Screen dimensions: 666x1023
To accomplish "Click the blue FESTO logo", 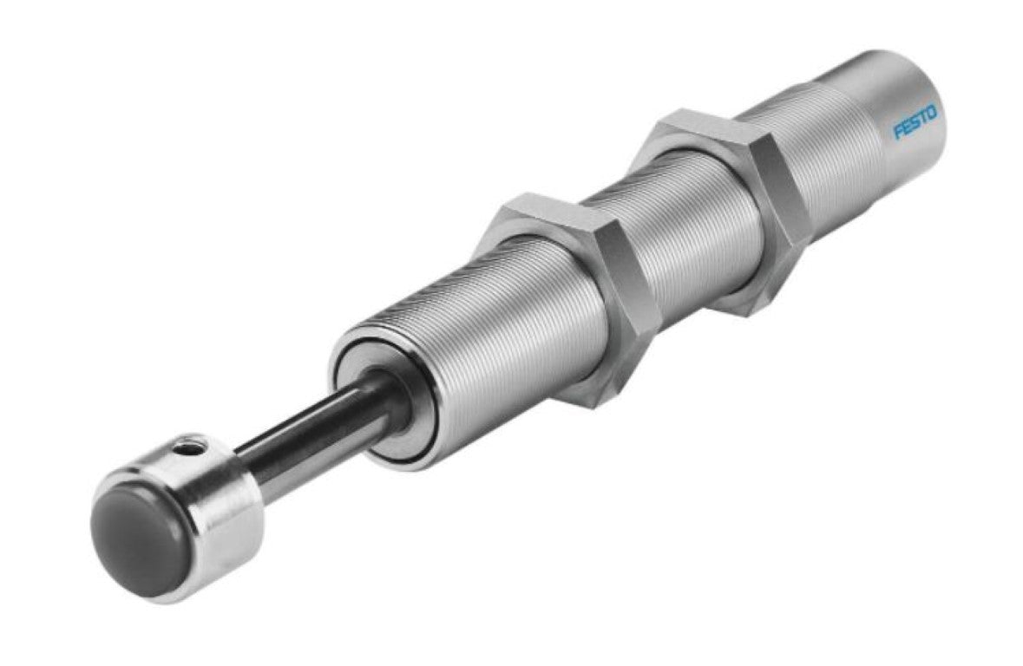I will pos(915,121).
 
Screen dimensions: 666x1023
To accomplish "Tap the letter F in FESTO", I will pos(900,131).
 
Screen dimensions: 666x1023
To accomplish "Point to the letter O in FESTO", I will pos(932,112).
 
